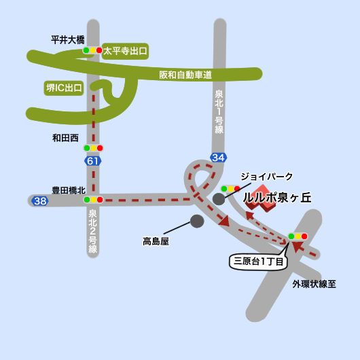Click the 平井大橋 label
[x=67, y=39]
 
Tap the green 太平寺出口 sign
[x=125, y=50]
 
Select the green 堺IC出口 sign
[x=64, y=88]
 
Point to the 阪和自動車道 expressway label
[x=185, y=75]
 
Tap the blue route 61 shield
[x=92, y=161]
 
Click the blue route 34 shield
[x=218, y=158]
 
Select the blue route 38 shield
[x=40, y=201]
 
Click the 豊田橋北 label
[x=69, y=190]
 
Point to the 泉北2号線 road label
[x=92, y=231]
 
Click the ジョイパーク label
[x=267, y=177]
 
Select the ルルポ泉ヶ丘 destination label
[x=277, y=198]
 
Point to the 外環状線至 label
[x=314, y=284]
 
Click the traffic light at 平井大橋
[x=92, y=50]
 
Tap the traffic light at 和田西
[x=92, y=147]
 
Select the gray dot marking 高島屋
[x=197, y=221]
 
